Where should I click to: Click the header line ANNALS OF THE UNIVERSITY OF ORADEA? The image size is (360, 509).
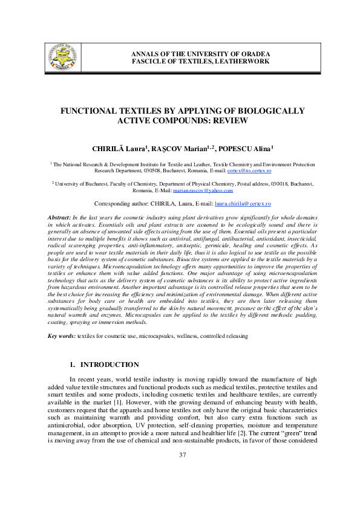tap(201, 54)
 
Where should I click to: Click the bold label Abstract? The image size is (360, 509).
tap(59, 216)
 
